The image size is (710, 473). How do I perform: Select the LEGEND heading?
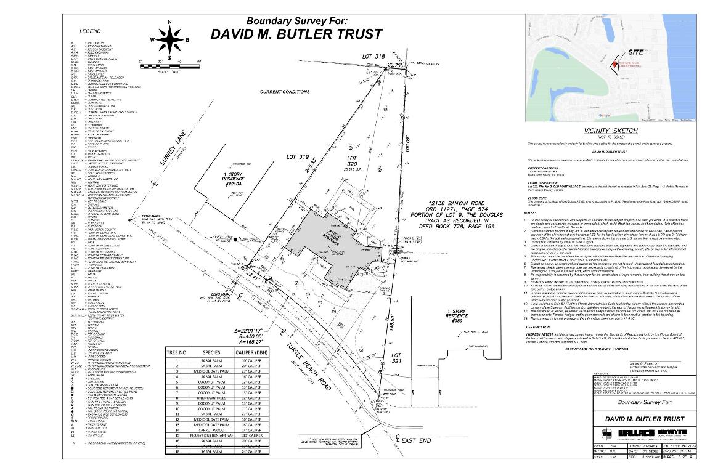click(x=91, y=31)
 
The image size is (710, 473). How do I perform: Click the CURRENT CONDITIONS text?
click(x=284, y=92)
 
